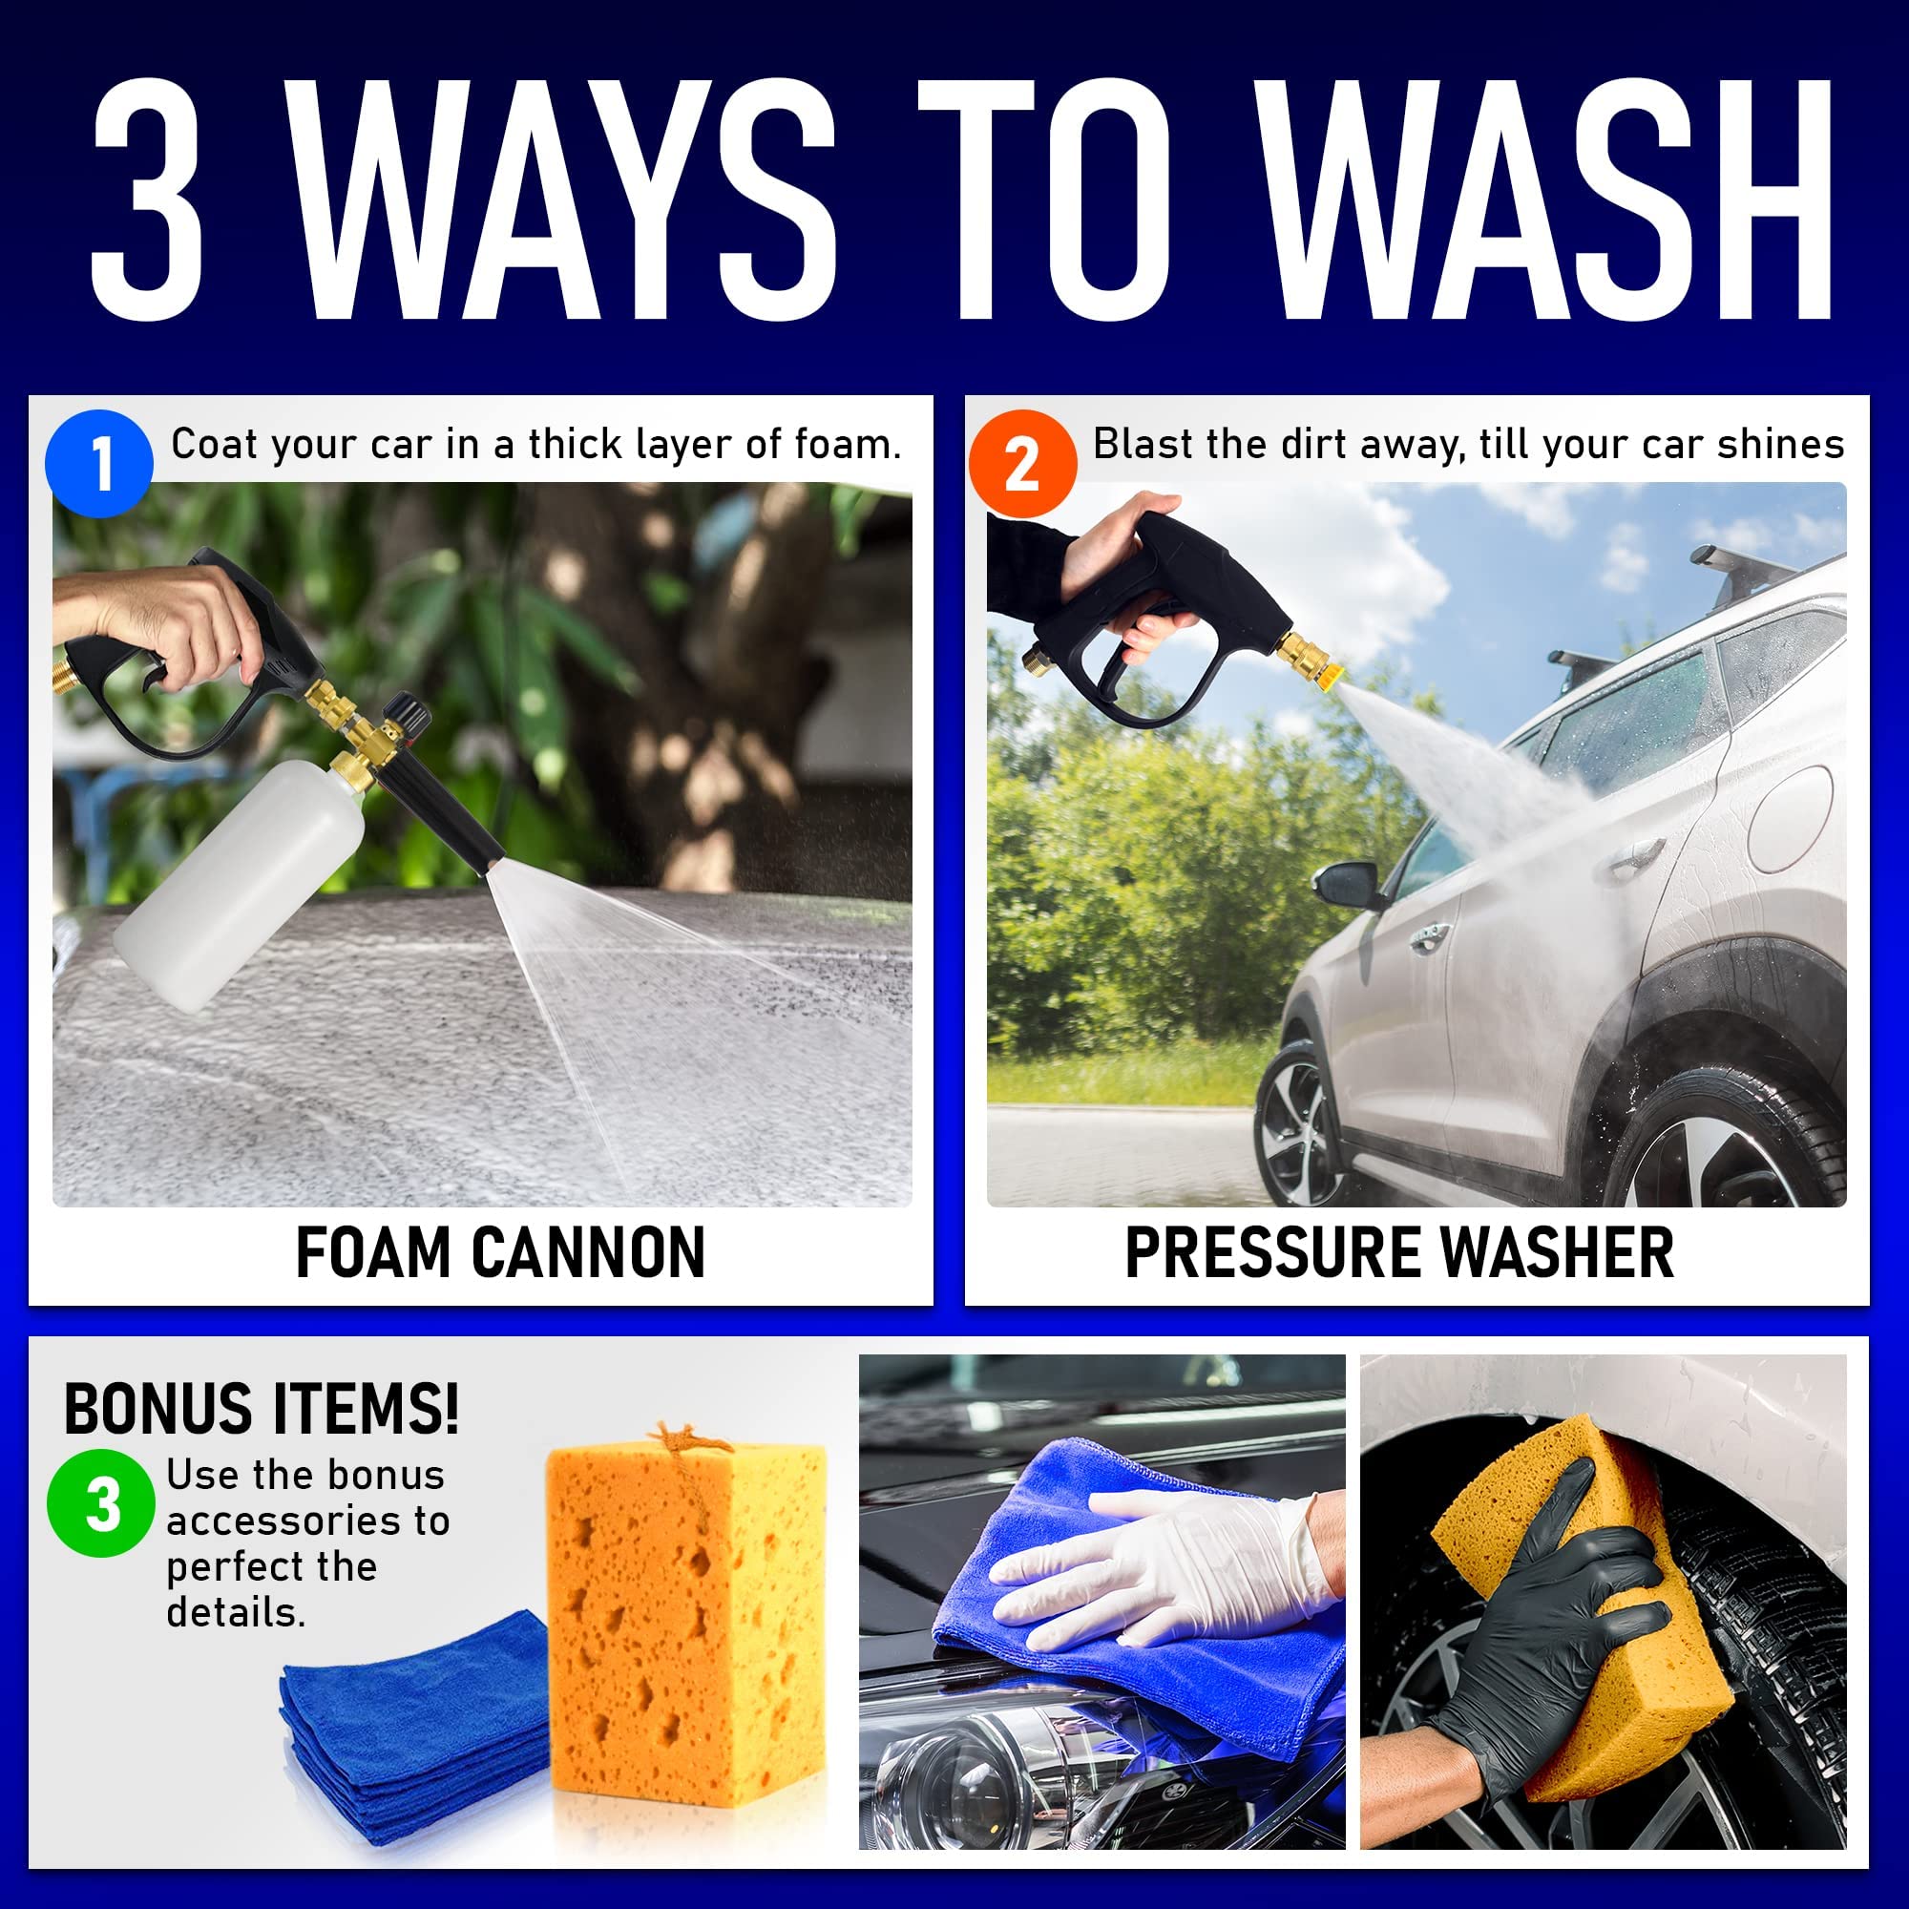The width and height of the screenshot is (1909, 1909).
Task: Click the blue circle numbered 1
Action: click(x=99, y=464)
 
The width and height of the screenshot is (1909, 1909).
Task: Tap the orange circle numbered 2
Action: click(x=1021, y=464)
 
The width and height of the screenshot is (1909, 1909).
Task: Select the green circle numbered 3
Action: click(x=101, y=1504)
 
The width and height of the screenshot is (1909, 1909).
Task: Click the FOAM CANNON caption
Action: click(x=500, y=1253)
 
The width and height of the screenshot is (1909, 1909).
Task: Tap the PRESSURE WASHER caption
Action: click(x=1399, y=1253)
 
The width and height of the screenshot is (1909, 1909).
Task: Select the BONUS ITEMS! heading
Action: click(x=261, y=1409)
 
